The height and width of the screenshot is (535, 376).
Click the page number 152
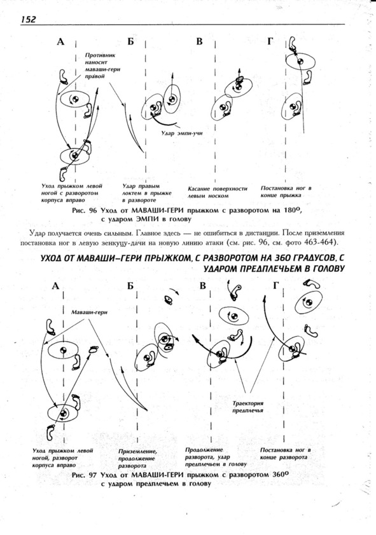point(29,20)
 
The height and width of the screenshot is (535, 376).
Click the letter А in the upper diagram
point(60,42)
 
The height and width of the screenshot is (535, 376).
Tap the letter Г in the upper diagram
point(270,41)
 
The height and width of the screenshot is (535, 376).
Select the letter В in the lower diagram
point(203,285)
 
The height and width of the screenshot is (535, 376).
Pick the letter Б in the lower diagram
point(130,285)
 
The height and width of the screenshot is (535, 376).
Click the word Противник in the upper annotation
point(101,55)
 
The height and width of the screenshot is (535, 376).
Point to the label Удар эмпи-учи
point(182,133)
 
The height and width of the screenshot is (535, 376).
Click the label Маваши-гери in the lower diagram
point(89,312)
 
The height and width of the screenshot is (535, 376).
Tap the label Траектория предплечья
point(248,407)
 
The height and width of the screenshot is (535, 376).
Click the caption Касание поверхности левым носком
point(218,192)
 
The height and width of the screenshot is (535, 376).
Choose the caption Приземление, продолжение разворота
point(138,458)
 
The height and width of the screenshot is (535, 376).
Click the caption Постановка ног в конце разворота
point(285,454)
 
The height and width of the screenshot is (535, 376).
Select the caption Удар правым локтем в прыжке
point(147,193)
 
